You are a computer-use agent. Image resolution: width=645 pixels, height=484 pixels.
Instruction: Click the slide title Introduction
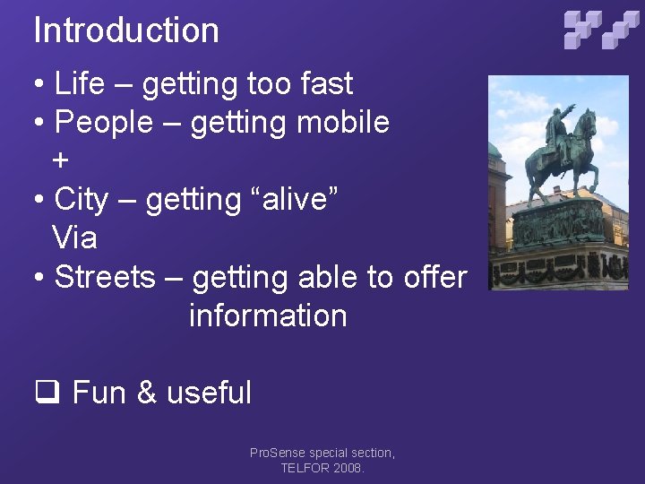(126, 30)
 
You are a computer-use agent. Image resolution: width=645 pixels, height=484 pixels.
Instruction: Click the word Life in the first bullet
(79, 83)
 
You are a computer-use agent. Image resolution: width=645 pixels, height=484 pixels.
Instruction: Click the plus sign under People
(60, 161)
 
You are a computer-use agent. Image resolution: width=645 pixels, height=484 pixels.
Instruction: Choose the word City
(81, 200)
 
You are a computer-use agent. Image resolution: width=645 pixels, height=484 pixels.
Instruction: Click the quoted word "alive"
(288, 200)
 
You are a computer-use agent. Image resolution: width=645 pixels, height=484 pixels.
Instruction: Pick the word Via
(74, 238)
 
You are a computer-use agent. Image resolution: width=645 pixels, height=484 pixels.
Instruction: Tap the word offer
(434, 277)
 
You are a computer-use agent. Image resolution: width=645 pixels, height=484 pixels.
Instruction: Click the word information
(268, 315)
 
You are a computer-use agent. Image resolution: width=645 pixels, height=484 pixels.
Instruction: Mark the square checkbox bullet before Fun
(46, 393)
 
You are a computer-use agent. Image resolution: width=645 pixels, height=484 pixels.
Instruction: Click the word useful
(209, 393)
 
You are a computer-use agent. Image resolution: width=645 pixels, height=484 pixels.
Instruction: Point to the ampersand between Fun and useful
(147, 393)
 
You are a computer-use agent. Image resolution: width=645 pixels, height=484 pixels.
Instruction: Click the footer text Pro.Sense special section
(322, 454)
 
